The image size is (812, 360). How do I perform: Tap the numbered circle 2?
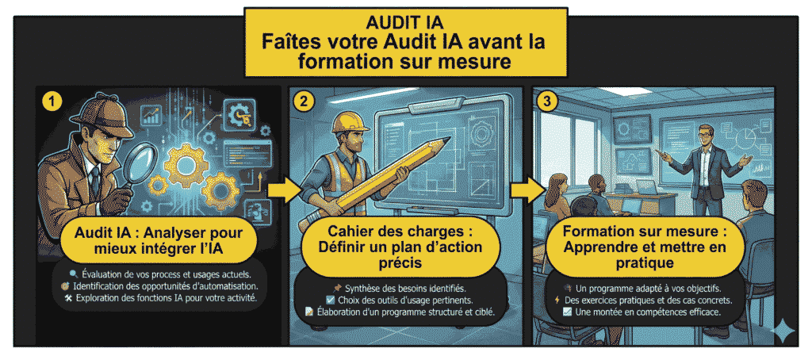click(303, 101)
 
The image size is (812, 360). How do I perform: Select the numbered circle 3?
click(546, 101)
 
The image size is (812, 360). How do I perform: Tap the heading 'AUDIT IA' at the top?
click(406, 21)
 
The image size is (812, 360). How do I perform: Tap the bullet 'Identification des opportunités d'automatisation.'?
click(169, 285)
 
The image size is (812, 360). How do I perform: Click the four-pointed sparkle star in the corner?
click(786, 330)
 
